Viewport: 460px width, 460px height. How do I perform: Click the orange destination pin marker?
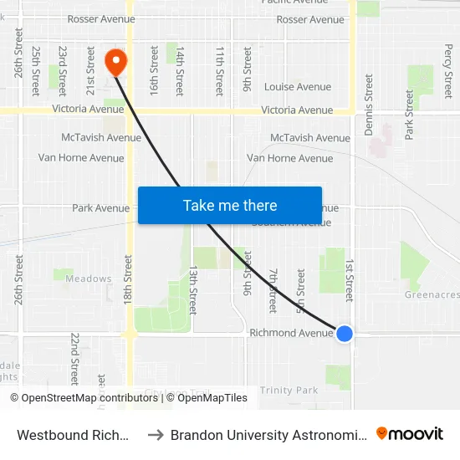pos(115,61)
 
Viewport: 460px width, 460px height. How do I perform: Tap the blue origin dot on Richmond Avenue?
pos(345,333)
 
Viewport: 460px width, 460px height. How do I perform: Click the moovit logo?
pos(410,433)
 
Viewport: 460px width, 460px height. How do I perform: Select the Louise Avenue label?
pos(298,87)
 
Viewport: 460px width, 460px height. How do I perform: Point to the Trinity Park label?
pos(289,391)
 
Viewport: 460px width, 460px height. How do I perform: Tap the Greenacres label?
pos(432,295)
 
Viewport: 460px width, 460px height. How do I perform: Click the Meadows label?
pos(88,279)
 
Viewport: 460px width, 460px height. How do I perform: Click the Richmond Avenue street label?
pos(291,333)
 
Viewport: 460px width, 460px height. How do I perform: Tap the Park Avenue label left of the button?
pos(100,208)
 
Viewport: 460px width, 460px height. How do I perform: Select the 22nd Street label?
pos(74,357)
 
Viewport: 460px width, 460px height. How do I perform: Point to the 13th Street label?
pos(193,289)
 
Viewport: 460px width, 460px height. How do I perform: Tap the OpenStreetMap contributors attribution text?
pos(89,398)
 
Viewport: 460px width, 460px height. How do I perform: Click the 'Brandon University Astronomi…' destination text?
pos(268,435)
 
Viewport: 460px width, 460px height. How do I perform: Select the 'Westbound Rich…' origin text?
pos(74,435)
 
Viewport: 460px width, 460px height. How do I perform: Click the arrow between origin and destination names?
pos(156,435)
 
